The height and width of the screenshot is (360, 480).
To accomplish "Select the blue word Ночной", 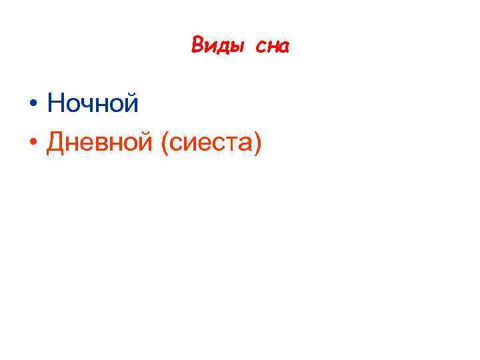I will tap(93, 103).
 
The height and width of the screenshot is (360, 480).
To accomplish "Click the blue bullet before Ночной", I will tap(32, 105).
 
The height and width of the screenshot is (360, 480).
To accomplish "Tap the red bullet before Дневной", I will tap(32, 143).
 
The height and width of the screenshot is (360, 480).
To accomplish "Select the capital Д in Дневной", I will tap(56, 141).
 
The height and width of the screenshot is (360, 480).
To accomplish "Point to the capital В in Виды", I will tap(197, 45).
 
